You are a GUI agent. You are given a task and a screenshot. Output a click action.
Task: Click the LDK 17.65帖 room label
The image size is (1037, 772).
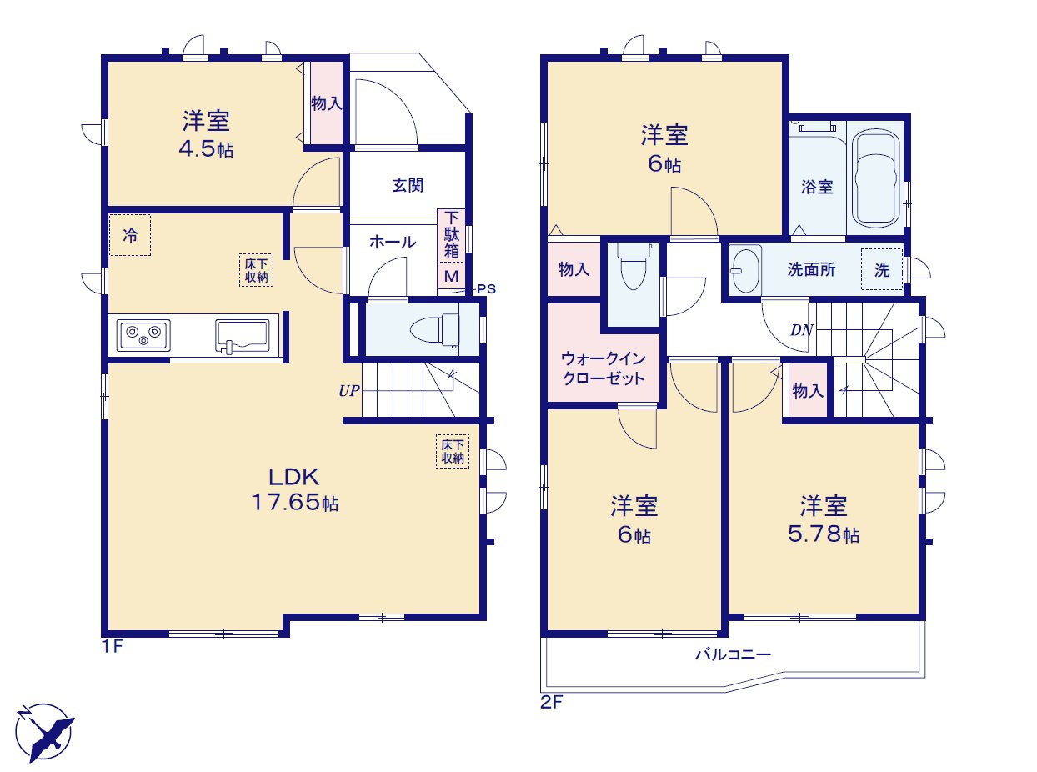click(294, 489)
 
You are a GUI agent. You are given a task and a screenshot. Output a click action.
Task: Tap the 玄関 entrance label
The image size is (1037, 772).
click(408, 185)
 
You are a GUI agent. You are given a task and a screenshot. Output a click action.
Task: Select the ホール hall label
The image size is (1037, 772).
click(393, 242)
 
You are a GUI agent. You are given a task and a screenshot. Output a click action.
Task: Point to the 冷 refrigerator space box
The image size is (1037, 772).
click(130, 235)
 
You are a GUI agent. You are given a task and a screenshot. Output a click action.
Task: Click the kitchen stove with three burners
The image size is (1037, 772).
click(143, 335)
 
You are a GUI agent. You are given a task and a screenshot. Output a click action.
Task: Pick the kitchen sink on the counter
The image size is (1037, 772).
click(243, 335)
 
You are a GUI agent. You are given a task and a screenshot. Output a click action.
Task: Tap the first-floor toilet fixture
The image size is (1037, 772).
click(435, 329)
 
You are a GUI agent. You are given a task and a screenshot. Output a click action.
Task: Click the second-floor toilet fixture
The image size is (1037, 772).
click(634, 266)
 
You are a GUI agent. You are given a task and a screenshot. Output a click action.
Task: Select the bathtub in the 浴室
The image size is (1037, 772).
click(875, 178)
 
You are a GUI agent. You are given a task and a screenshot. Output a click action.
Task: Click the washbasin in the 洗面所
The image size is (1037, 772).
click(745, 269)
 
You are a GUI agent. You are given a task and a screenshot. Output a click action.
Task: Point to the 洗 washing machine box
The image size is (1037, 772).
click(881, 269)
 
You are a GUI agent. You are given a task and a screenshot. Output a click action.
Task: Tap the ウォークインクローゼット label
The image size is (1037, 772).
click(604, 368)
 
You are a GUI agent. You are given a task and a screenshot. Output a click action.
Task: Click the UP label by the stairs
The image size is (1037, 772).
click(349, 390)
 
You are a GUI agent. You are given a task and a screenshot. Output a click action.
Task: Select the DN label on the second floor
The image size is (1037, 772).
click(801, 331)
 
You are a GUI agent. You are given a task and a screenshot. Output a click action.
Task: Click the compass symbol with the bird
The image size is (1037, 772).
click(44, 732)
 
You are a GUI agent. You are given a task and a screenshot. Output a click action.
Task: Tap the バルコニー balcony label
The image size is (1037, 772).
click(733, 654)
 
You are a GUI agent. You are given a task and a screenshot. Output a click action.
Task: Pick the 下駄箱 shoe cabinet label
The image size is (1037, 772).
click(451, 235)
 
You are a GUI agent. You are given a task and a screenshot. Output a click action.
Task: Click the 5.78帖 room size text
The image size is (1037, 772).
click(824, 534)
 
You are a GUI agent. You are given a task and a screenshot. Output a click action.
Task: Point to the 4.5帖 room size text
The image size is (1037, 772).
click(206, 148)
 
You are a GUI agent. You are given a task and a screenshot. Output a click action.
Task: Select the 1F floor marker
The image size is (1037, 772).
click(113, 646)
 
